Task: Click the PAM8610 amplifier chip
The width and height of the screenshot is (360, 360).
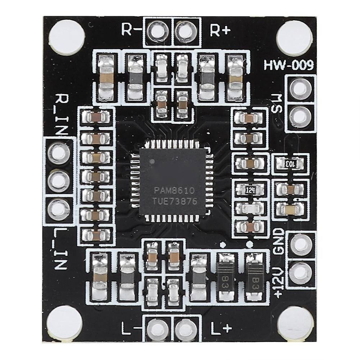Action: [x=173, y=182]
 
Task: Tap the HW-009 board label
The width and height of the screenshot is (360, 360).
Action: [x=288, y=65]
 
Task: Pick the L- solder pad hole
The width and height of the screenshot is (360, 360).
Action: [x=157, y=329]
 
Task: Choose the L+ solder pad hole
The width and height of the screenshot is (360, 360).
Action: [x=186, y=329]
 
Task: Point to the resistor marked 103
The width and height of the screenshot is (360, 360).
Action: [x=290, y=164]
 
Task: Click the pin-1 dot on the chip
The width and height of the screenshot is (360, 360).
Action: [x=151, y=161]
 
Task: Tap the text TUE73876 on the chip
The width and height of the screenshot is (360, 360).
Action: [x=176, y=201]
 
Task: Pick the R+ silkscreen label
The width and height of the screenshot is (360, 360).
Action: [x=220, y=30]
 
